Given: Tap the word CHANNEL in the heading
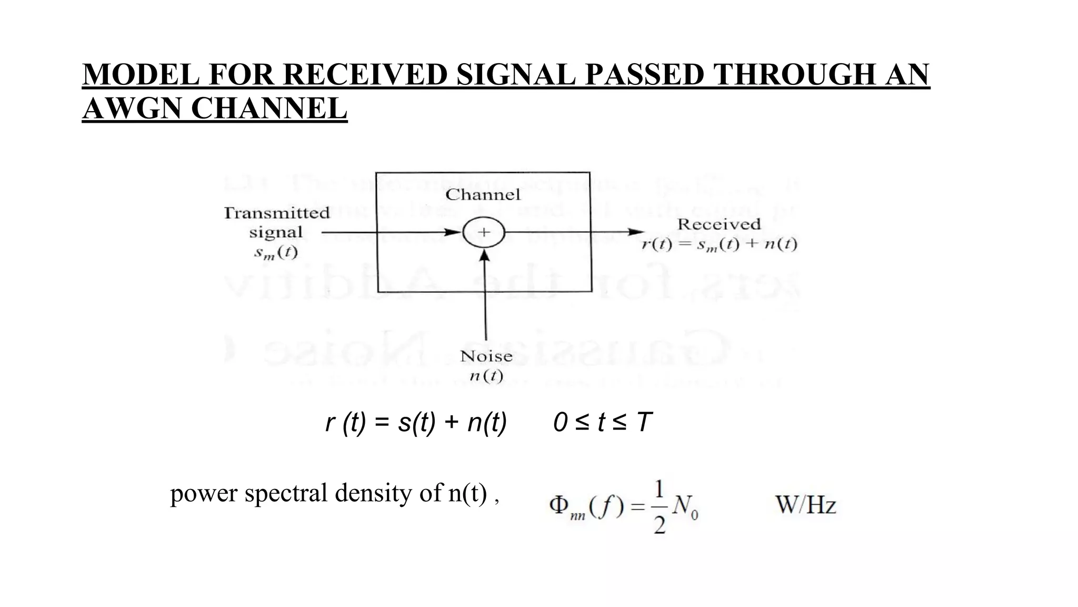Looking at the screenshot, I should [x=269, y=109].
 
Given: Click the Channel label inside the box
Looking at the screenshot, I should [x=483, y=195].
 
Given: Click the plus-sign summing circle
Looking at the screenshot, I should [x=484, y=232].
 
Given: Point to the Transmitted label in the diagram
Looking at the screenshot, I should [x=276, y=213].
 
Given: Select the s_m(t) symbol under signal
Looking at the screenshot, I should [x=276, y=253].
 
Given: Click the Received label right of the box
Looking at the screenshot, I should [x=718, y=224].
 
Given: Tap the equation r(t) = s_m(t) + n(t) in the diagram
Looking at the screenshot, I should [x=719, y=245].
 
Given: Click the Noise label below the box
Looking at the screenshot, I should [x=486, y=357].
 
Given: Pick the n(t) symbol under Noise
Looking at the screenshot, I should [x=486, y=376].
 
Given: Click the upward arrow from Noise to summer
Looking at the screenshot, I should [x=485, y=300].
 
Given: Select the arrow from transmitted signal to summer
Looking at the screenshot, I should [x=390, y=232].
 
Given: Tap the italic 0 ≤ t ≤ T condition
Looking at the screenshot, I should [x=602, y=423].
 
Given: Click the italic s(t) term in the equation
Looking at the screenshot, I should [x=417, y=423].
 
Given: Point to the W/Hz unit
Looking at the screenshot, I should [x=805, y=505].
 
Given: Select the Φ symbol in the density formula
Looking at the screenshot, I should [x=558, y=505].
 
